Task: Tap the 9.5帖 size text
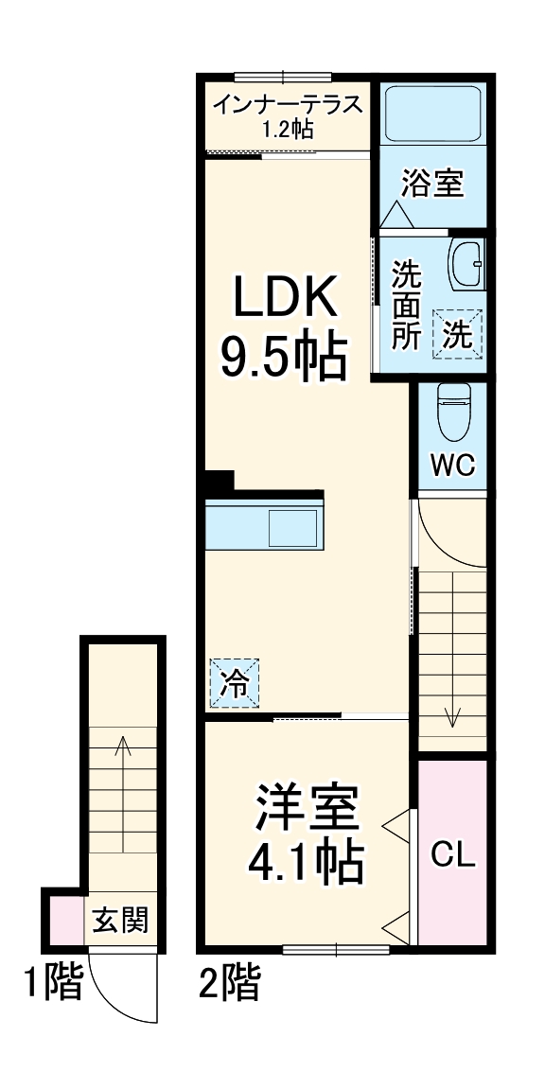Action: click(x=283, y=356)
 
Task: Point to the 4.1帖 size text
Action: click(x=305, y=860)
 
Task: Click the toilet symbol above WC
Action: click(x=452, y=412)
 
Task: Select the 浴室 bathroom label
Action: click(x=432, y=184)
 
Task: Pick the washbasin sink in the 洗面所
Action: click(x=466, y=266)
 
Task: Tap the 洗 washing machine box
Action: click(x=458, y=333)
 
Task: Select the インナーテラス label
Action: click(x=287, y=105)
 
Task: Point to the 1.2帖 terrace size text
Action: click(x=288, y=130)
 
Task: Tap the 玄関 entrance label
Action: click(x=120, y=918)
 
